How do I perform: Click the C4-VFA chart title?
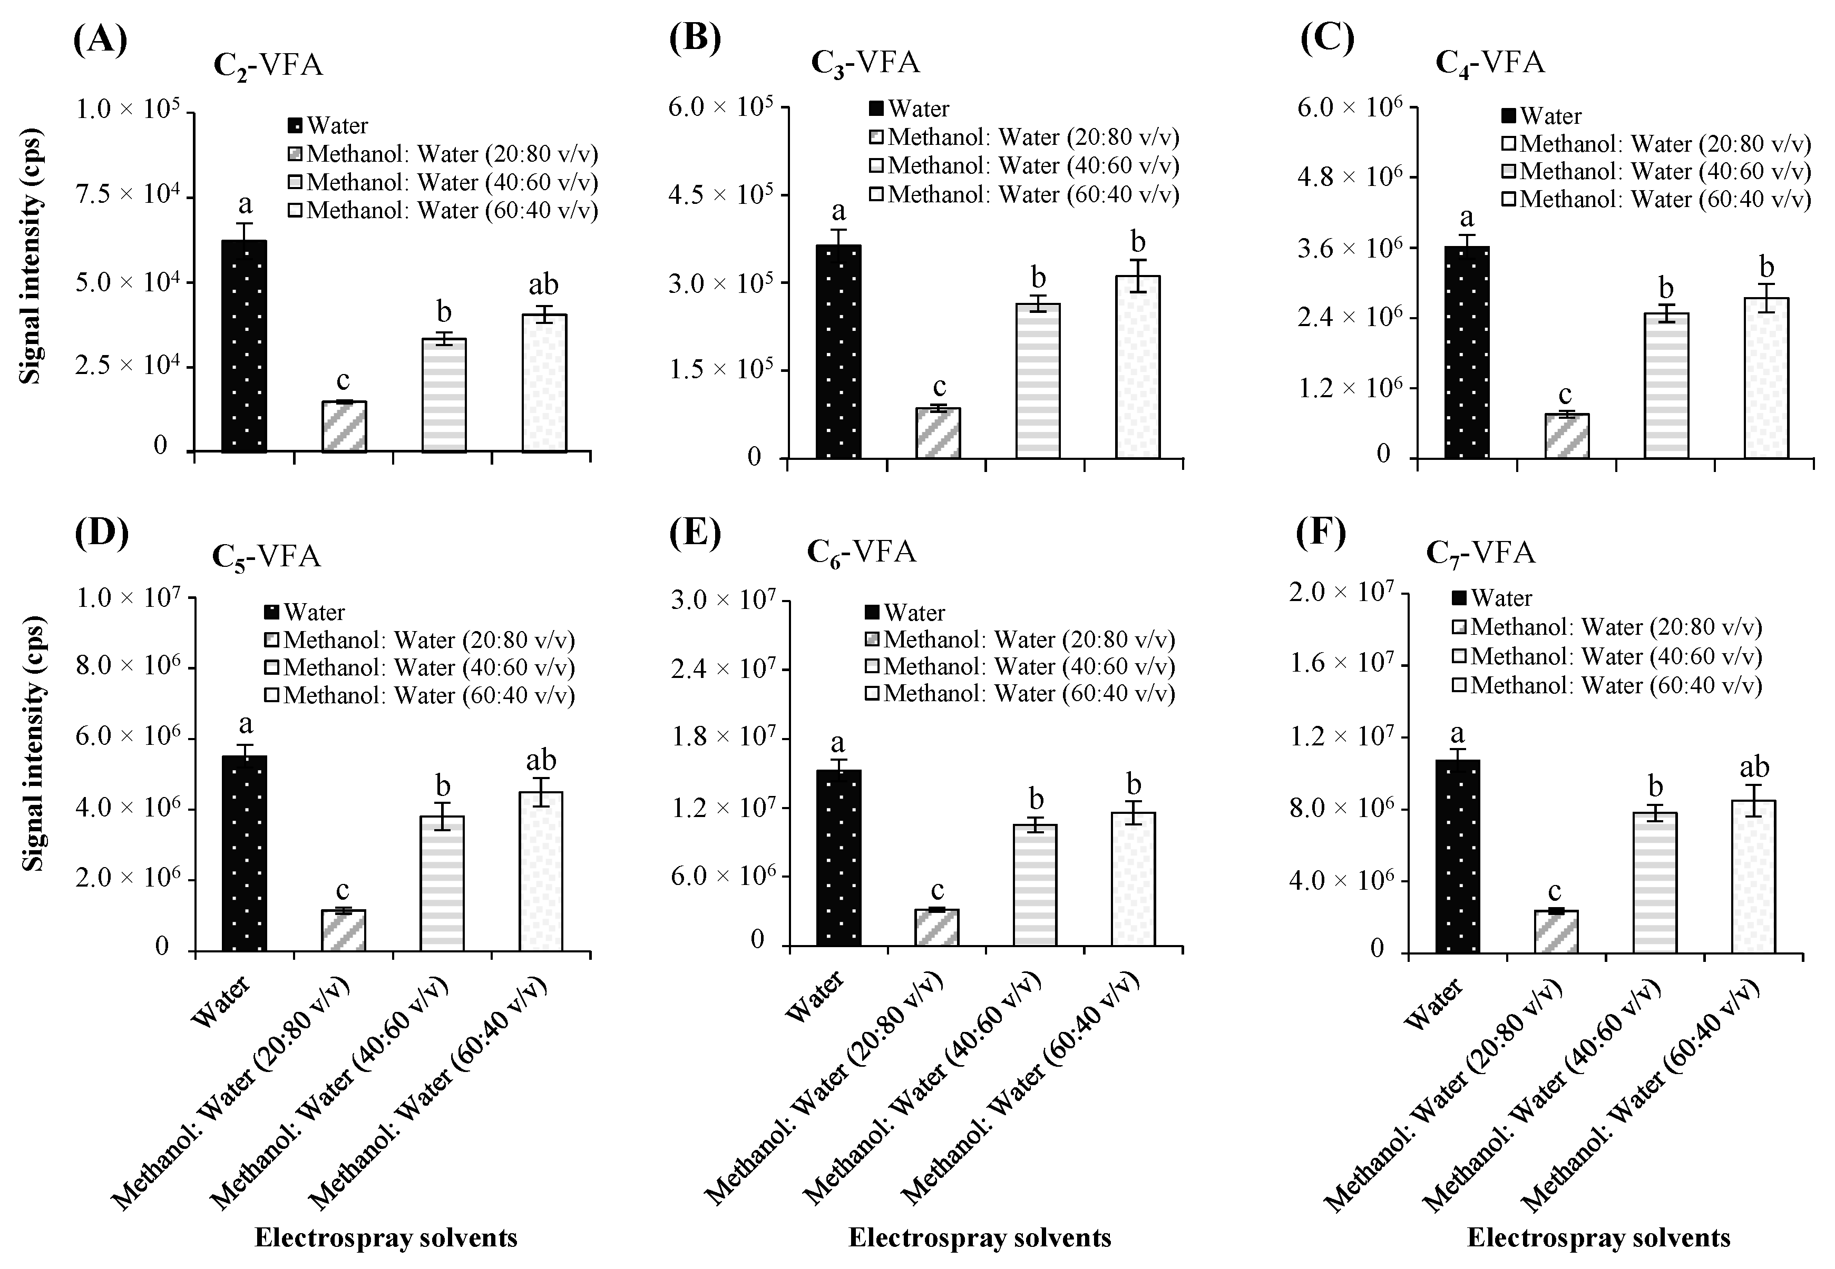1490,63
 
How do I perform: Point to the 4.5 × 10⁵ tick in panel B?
720,195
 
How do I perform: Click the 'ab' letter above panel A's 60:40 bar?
544,284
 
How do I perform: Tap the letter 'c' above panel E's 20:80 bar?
937,889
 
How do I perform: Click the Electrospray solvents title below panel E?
979,1238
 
